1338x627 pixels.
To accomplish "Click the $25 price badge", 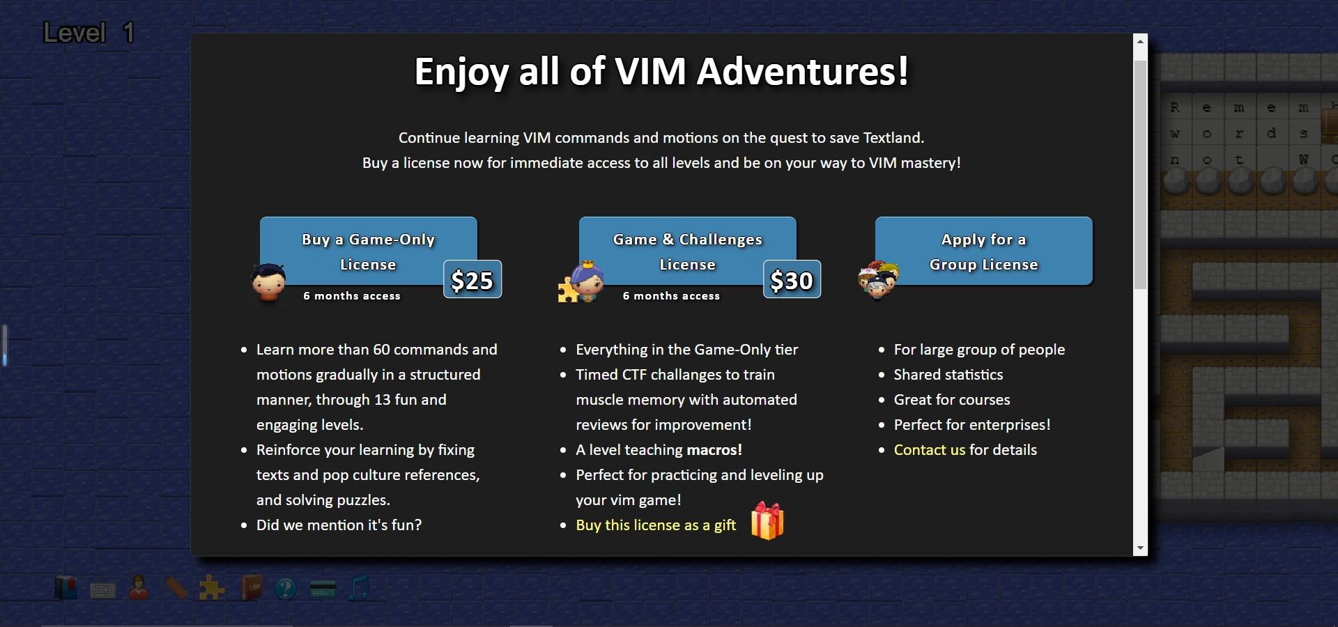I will coord(472,280).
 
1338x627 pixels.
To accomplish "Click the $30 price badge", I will coord(792,280).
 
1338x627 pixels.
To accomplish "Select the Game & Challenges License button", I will coord(687,251).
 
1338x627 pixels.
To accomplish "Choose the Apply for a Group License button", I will coord(983,251).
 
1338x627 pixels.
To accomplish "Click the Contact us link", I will coord(929,450).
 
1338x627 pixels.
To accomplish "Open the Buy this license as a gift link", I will coord(655,525).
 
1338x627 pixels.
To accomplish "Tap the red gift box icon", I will coord(767,521).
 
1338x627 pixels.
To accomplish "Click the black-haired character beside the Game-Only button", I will coord(268,283).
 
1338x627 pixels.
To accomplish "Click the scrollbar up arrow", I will coord(1140,42).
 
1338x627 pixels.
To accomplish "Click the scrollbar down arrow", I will coord(1140,548).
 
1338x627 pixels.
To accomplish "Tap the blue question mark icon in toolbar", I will coord(285,589).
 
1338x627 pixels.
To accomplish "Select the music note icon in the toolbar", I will coord(359,588).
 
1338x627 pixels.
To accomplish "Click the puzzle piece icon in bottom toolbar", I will coord(211,589).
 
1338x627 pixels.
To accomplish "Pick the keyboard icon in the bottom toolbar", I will coord(103,591).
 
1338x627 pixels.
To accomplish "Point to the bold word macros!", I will coord(714,450).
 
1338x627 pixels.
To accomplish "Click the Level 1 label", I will coord(89,33).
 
